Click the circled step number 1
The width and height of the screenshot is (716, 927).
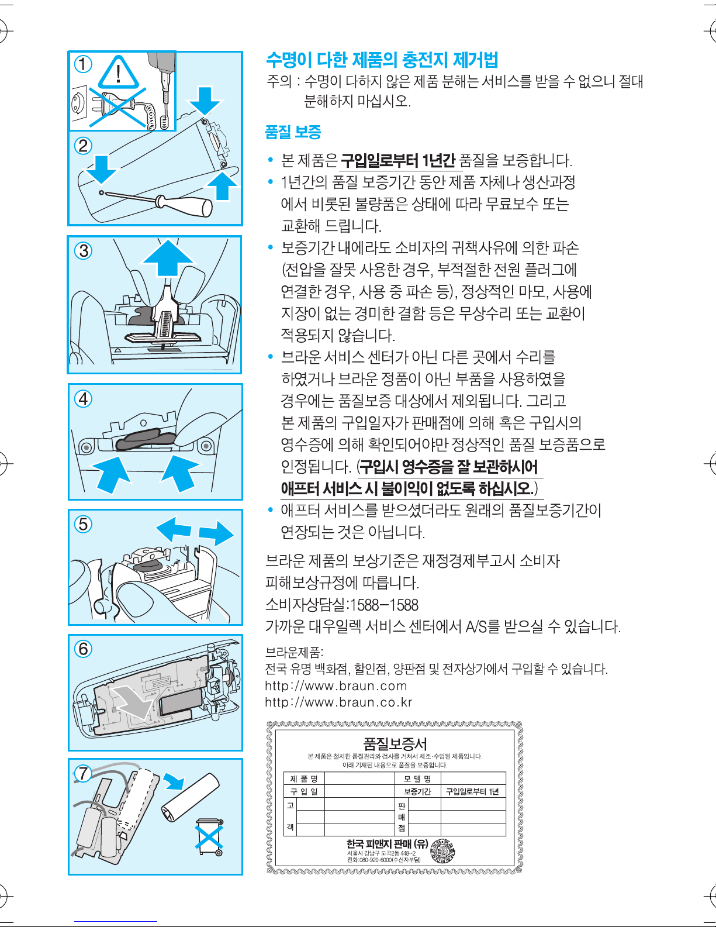click(83, 64)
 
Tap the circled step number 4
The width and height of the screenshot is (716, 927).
click(84, 399)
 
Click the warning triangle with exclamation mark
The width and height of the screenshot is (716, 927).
click(119, 72)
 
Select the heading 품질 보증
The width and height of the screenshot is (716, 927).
click(293, 132)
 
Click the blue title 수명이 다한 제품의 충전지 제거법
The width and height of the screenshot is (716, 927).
click(382, 60)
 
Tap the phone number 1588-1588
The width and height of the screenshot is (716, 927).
click(384, 605)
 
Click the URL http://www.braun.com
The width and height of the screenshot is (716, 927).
click(336, 685)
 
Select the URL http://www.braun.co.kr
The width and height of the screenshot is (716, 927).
click(338, 702)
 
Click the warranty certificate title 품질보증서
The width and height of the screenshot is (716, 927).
click(395, 743)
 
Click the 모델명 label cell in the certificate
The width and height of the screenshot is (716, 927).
click(417, 778)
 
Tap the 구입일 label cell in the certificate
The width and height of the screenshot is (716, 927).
click(304, 791)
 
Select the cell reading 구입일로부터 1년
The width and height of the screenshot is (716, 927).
click(472, 791)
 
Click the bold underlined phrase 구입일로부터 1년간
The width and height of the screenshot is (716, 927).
click(397, 160)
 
